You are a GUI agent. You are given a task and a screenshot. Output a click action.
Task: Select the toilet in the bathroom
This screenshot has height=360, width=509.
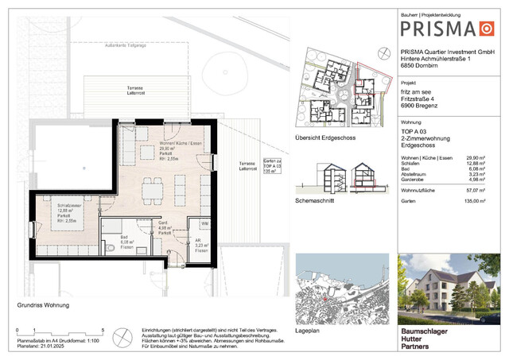[107, 249]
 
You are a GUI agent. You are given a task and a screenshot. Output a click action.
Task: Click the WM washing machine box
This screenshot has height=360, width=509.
[204, 225]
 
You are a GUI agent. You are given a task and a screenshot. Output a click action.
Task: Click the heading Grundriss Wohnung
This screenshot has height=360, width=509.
[43, 305]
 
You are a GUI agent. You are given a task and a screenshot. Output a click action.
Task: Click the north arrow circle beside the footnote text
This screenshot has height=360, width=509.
[122, 337]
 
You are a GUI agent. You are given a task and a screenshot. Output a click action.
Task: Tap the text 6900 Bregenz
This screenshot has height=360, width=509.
[421, 106]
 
